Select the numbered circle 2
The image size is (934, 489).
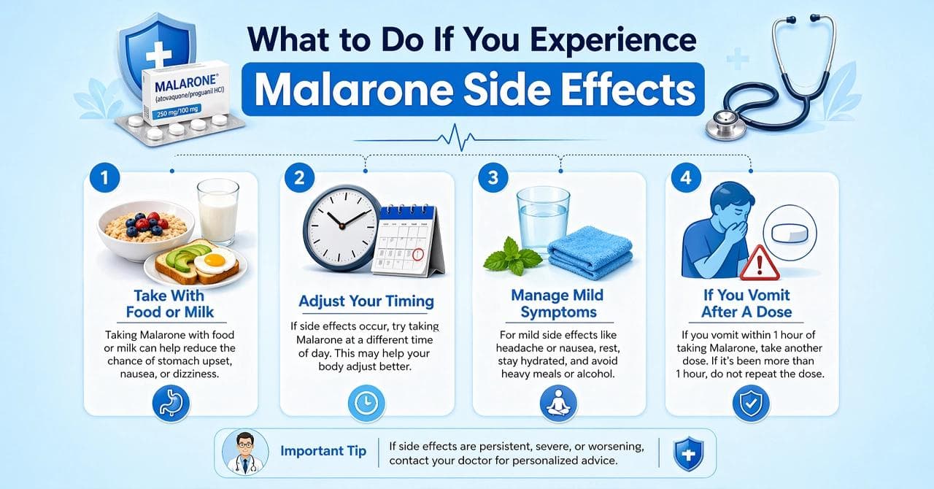pos(299,177)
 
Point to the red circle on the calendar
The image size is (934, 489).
pos(418,256)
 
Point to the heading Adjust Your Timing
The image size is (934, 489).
pos(366,301)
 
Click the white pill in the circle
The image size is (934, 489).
pos(789,233)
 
